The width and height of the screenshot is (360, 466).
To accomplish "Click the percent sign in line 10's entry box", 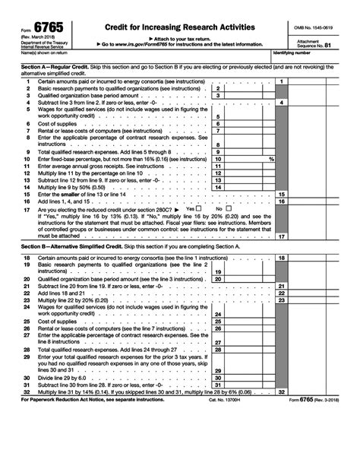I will [271, 159].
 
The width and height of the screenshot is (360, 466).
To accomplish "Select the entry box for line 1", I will [319, 81].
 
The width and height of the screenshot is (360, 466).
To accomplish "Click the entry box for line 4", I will [319, 102].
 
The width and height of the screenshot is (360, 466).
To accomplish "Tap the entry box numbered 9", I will [247, 152].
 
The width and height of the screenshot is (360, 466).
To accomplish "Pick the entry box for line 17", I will [319, 236].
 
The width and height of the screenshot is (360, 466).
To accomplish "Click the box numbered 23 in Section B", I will [319, 300].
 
